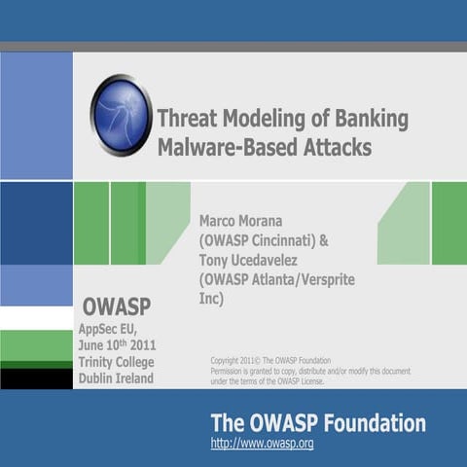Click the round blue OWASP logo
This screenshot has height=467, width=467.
121,115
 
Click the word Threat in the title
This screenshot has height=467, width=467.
189,120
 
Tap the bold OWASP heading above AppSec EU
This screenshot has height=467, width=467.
116,306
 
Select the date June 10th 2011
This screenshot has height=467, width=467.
116,345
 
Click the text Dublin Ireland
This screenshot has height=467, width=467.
116,378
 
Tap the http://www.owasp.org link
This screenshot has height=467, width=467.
262,444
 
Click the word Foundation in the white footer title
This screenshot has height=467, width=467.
374,423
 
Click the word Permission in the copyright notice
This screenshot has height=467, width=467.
233,371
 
